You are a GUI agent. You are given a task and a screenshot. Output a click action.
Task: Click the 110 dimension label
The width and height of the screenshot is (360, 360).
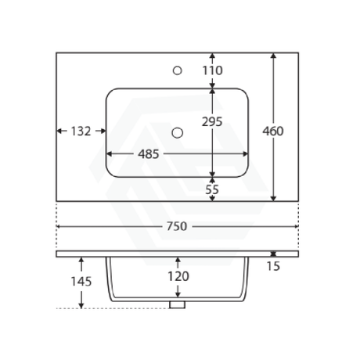pyautogui.click(x=213, y=70)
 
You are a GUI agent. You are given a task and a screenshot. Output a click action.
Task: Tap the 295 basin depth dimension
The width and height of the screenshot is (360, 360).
pyautogui.click(x=212, y=121)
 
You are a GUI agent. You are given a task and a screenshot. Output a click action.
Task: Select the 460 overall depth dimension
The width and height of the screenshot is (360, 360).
pyautogui.click(x=273, y=131)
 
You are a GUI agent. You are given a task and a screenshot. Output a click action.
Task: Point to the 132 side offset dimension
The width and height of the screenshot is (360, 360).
pyautogui.click(x=81, y=131)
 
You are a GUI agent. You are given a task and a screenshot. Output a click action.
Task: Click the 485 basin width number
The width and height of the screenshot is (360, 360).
pyautogui.click(x=149, y=154)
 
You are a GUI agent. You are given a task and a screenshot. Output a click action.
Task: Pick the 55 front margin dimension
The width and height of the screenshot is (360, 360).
pyautogui.click(x=212, y=189)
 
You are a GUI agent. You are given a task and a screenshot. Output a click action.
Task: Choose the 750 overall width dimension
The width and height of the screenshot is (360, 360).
pyautogui.click(x=177, y=226)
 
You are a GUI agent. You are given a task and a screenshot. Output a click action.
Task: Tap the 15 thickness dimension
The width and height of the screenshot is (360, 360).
pyautogui.click(x=273, y=266)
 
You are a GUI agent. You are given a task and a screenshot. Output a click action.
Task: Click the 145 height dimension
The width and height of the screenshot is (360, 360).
pyautogui.click(x=81, y=282)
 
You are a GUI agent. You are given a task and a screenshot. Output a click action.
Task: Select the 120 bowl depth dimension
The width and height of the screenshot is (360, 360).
pyautogui.click(x=178, y=276)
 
